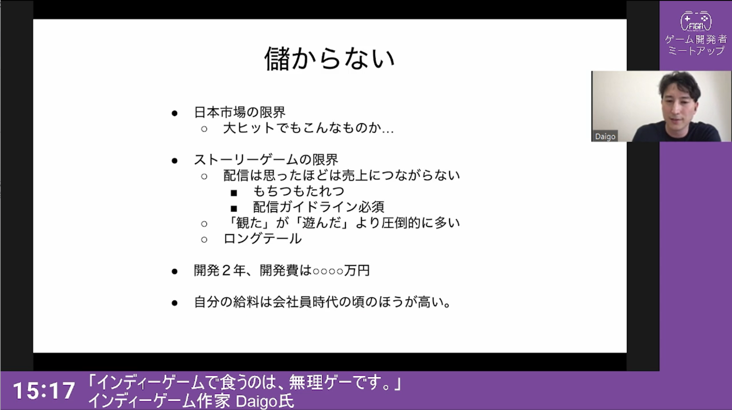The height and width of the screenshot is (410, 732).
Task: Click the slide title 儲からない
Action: pyautogui.click(x=329, y=58)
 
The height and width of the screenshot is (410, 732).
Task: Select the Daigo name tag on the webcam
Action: pyautogui.click(x=605, y=136)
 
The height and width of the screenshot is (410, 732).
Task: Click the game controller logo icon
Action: pyautogui.click(x=696, y=21)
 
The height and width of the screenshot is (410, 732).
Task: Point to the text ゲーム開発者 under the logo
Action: pyautogui.click(x=696, y=39)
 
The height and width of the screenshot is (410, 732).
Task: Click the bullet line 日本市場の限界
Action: pyautogui.click(x=239, y=112)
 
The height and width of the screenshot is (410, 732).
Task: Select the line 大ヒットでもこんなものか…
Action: pyautogui.click(x=308, y=128)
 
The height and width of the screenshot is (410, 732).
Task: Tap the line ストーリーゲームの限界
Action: pyautogui.click(x=266, y=160)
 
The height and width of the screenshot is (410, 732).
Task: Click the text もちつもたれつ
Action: pyautogui.click(x=298, y=191)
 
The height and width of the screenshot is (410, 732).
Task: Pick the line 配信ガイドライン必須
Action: pyautogui.click(x=319, y=207)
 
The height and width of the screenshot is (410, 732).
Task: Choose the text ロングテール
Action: pyautogui.click(x=263, y=239)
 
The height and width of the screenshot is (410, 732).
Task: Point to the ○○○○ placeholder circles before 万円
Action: pyautogui.click(x=328, y=271)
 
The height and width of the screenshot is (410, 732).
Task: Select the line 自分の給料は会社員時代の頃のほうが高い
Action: pyautogui.click(x=322, y=302)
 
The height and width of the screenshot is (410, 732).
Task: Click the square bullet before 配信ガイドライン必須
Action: pyautogui.click(x=234, y=209)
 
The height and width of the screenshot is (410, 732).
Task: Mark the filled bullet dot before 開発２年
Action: pyautogui.click(x=175, y=272)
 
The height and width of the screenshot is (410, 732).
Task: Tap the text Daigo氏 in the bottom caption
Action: pyautogui.click(x=264, y=401)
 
